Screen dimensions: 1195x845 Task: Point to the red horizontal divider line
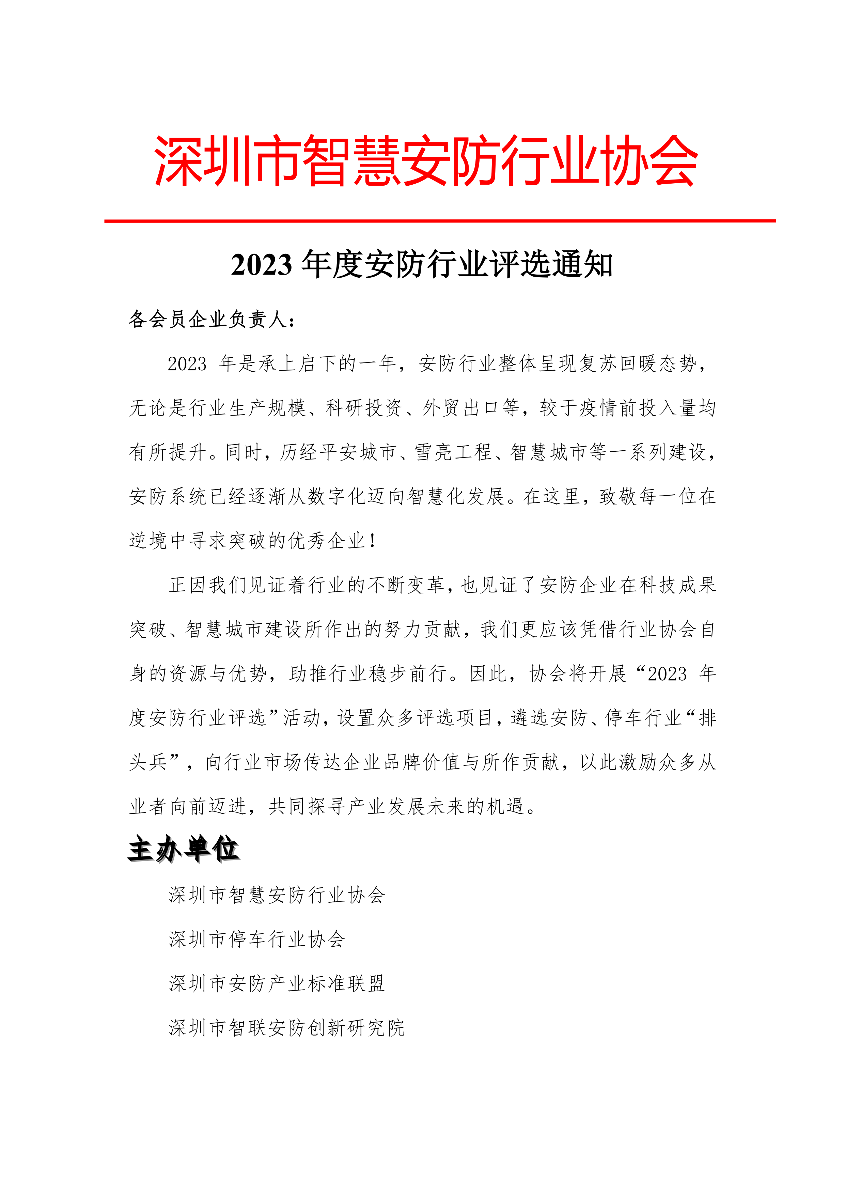pos(440,221)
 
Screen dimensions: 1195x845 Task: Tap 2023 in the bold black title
pos(262,265)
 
